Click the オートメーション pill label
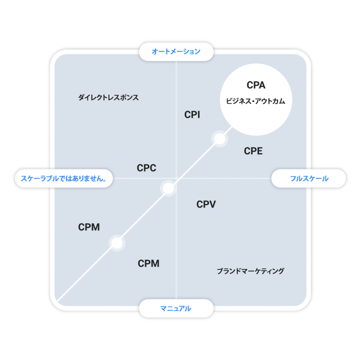coord(176,52)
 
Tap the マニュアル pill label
coord(176,308)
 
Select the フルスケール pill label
coord(309,178)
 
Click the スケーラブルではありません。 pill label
coord(64,178)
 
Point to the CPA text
coord(256,85)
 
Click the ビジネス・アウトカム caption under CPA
coord(256,101)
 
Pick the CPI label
coord(192,115)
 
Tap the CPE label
coord(253,151)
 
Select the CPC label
coord(147,168)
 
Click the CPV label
coord(206,204)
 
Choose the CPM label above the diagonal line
coord(89,227)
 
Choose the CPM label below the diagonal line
coord(149,264)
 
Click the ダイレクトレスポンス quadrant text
coord(108,98)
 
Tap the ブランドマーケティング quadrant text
coord(250,271)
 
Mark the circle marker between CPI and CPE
coord(220,139)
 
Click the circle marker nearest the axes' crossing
coord(168,188)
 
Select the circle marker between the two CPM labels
coord(117,243)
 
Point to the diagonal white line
coord(144,214)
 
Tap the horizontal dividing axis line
coord(192,178)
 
